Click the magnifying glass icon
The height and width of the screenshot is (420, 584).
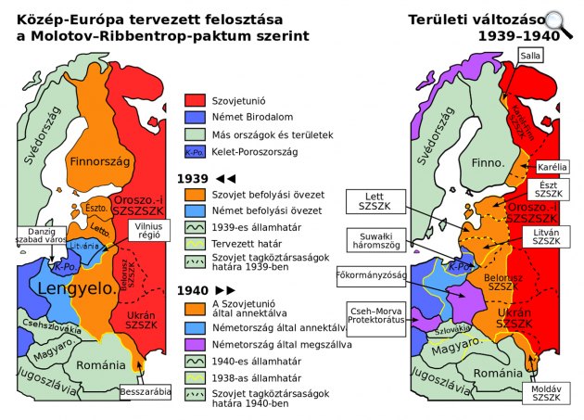coord(558,21)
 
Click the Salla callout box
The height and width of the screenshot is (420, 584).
coord(530,56)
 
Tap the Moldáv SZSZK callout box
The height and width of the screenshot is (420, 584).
coord(545,393)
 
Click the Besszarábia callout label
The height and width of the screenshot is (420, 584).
coord(146,392)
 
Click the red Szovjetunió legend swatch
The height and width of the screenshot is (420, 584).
coord(194,99)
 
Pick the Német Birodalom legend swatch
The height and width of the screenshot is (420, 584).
coord(194,117)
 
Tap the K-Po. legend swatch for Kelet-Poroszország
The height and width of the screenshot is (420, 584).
coord(194,151)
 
